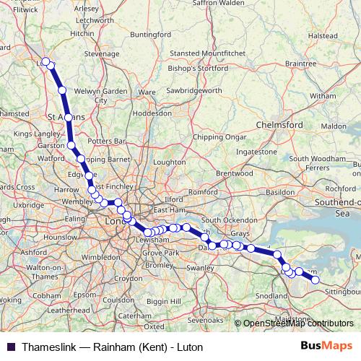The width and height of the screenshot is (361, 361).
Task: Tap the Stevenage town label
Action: (x=102, y=54)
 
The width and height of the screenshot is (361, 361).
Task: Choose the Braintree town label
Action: (x=301, y=64)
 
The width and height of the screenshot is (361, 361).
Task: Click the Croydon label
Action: (x=129, y=278)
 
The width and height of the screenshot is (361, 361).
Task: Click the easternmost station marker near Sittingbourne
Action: (x=315, y=279)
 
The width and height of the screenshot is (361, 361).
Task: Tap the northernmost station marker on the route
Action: (x=45, y=61)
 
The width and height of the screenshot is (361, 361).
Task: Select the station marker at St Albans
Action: (x=69, y=117)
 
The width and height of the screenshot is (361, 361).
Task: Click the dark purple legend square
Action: (x=10, y=347)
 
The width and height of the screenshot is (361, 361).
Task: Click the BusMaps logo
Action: (x=326, y=347)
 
